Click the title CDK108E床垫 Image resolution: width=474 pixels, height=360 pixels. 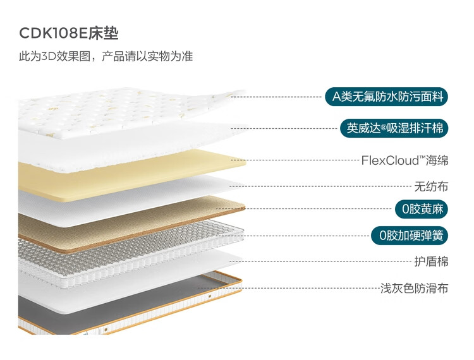69,33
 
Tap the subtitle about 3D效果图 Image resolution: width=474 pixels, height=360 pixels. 106,56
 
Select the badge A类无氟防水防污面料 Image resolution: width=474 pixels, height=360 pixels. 386,97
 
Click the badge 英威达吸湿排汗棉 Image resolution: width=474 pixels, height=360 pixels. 394,128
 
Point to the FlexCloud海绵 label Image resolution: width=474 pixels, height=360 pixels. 404,160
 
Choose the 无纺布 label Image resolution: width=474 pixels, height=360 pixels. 431,186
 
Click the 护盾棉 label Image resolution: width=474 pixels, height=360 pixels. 431,261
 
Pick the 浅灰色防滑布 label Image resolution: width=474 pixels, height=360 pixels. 414,289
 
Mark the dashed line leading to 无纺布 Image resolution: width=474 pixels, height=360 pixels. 329,187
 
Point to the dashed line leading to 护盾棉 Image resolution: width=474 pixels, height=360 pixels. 329,261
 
